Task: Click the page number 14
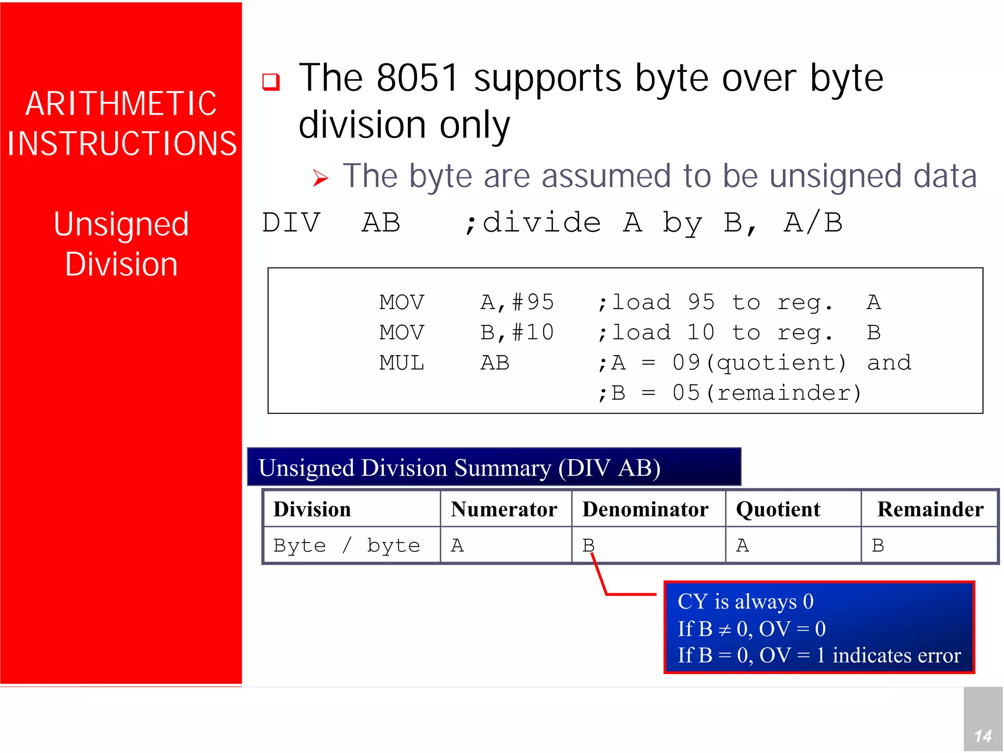coord(983,735)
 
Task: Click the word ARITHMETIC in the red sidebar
coord(121,104)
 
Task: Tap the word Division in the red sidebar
coord(121,265)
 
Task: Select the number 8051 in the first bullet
coord(417,78)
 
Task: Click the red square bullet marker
coord(271,81)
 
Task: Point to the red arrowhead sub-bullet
coord(320,178)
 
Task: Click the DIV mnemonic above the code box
coord(291,223)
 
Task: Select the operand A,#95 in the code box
coord(517,302)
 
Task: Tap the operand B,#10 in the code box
coord(517,333)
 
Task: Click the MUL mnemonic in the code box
coord(402,363)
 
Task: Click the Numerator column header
coord(504,510)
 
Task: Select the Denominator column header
coord(645,510)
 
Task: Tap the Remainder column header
coord(930,510)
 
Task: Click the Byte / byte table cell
coord(347,545)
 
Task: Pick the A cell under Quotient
coord(742,545)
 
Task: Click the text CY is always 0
coord(745,602)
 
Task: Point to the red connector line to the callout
coord(630,594)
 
